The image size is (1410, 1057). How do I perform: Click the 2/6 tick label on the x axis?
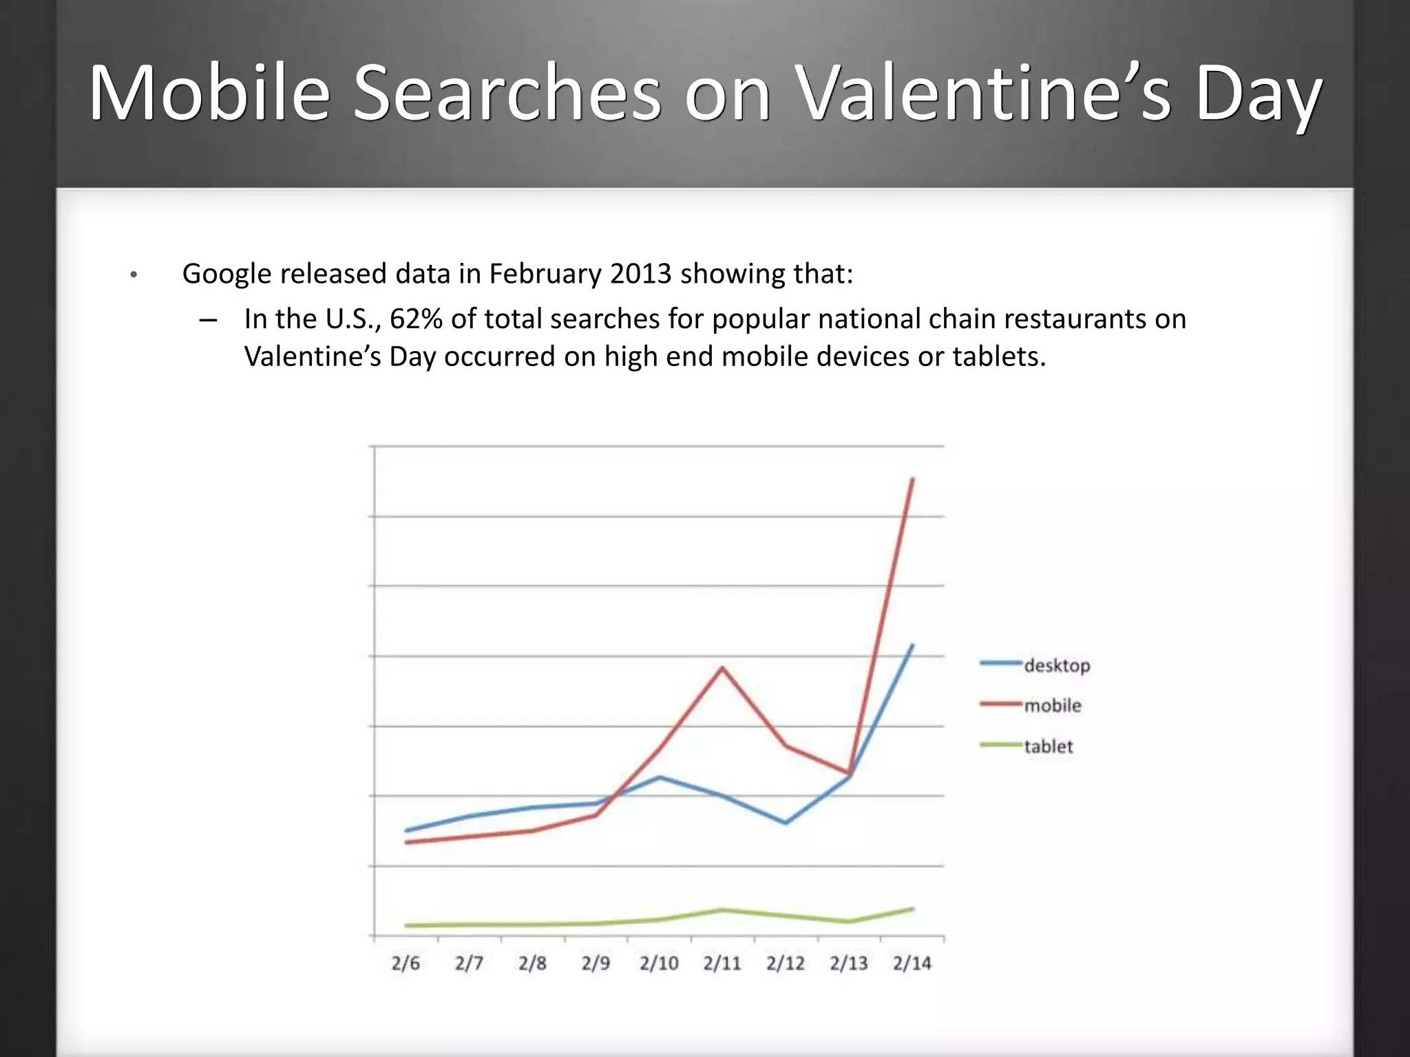point(406,963)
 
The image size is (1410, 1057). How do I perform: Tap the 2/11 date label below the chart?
point(722,963)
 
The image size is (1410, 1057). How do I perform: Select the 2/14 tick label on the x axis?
point(912,963)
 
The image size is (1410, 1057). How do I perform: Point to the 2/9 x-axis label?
point(596,963)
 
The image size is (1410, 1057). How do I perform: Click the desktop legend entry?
point(1057,665)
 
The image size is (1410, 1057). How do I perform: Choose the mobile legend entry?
point(1052,705)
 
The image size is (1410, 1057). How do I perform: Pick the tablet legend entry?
point(1048,746)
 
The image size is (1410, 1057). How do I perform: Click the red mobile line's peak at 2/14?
point(913,478)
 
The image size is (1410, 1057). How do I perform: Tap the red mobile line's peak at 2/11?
point(722,668)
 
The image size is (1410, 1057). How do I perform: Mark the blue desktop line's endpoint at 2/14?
point(913,645)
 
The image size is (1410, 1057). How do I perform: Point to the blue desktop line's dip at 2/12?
point(786,823)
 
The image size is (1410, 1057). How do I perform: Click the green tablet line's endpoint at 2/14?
point(913,909)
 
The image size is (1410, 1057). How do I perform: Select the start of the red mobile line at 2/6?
point(406,842)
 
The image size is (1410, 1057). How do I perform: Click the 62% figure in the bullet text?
point(416,319)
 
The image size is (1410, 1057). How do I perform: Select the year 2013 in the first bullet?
point(640,274)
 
